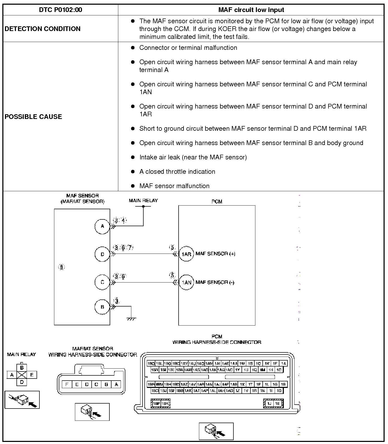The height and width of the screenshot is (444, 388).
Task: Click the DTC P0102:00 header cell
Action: (x=60, y=10)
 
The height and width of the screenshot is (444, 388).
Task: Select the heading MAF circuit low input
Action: (x=251, y=10)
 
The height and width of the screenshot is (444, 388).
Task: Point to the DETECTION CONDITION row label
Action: (x=43, y=29)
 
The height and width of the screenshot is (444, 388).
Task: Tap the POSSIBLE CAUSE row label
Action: (x=33, y=117)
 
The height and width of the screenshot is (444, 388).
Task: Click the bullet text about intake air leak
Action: (x=193, y=157)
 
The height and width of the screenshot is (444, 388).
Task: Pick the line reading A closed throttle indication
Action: (x=177, y=172)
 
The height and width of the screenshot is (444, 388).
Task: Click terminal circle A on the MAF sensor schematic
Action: (x=102, y=226)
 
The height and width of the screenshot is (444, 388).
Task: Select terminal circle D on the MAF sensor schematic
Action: (x=102, y=254)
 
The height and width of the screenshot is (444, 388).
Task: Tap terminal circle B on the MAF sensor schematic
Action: (x=102, y=307)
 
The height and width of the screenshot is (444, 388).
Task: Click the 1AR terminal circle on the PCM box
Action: (x=186, y=254)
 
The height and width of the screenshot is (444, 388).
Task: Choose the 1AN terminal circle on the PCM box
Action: (x=186, y=282)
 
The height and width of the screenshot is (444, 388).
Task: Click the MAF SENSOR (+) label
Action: (x=215, y=254)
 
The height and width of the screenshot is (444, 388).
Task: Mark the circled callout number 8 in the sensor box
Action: (x=61, y=267)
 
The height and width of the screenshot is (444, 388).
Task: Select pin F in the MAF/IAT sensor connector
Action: (x=67, y=384)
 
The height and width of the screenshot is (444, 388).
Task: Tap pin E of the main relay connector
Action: (x=32, y=375)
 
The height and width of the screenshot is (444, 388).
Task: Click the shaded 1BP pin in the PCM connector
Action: (x=156, y=404)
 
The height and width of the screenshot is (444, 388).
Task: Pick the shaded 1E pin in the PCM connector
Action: (x=277, y=404)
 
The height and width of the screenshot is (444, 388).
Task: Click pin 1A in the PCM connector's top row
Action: (x=283, y=363)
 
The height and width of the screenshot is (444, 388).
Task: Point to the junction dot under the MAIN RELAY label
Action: (x=143, y=206)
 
